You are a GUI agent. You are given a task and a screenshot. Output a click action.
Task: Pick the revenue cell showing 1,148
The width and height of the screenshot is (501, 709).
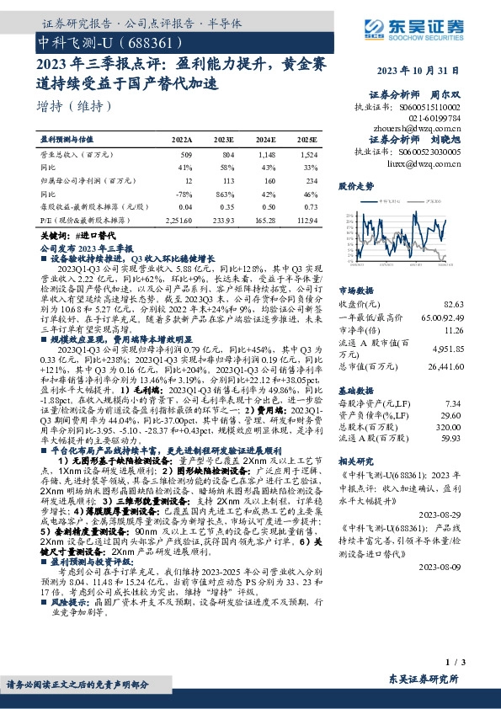tap(266, 155)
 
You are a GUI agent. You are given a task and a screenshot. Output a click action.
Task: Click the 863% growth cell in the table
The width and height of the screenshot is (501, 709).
tap(224, 193)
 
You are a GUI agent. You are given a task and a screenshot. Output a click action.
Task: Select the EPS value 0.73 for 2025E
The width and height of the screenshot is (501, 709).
tap(309, 205)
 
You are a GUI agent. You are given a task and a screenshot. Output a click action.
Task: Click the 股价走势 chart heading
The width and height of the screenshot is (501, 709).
tap(356, 184)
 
